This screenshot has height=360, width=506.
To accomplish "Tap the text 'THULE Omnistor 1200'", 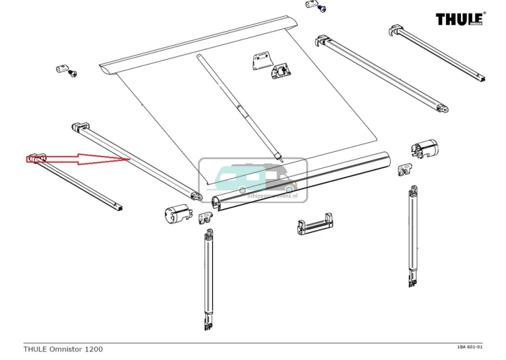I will [63, 349].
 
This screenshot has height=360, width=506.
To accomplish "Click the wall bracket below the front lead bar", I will [314, 225].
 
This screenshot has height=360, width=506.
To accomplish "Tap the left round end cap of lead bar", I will [176, 214].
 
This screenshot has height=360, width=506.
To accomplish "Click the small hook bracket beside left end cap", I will [205, 217].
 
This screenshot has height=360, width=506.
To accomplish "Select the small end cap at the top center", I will [311, 4].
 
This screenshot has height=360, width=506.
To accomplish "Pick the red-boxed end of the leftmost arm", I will [37, 159].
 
